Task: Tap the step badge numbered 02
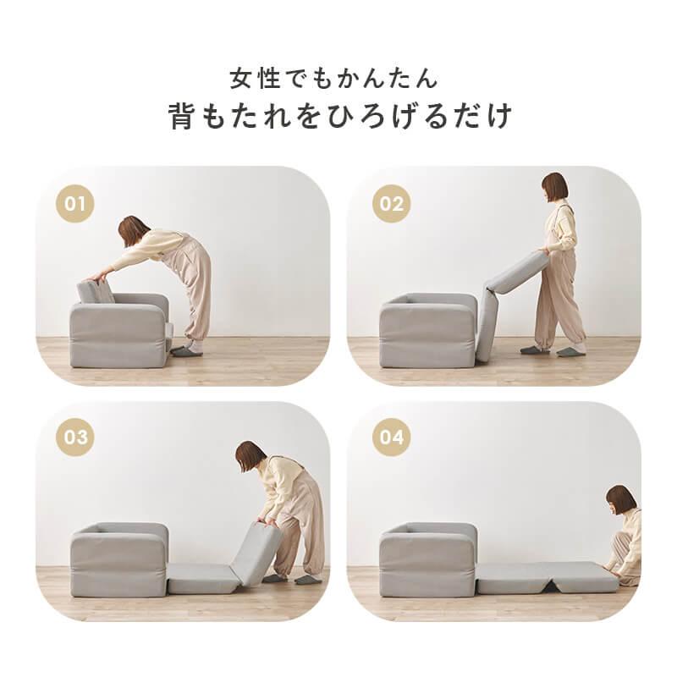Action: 392,204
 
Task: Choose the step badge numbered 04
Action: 392,438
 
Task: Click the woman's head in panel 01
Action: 133,230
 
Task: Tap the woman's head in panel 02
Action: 555,188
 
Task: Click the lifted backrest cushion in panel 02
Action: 518,272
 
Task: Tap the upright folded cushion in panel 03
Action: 256,554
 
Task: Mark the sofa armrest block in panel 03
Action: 118,559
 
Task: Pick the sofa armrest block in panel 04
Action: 427,559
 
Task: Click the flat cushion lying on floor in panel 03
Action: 199,582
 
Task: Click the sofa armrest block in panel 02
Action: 427,331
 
